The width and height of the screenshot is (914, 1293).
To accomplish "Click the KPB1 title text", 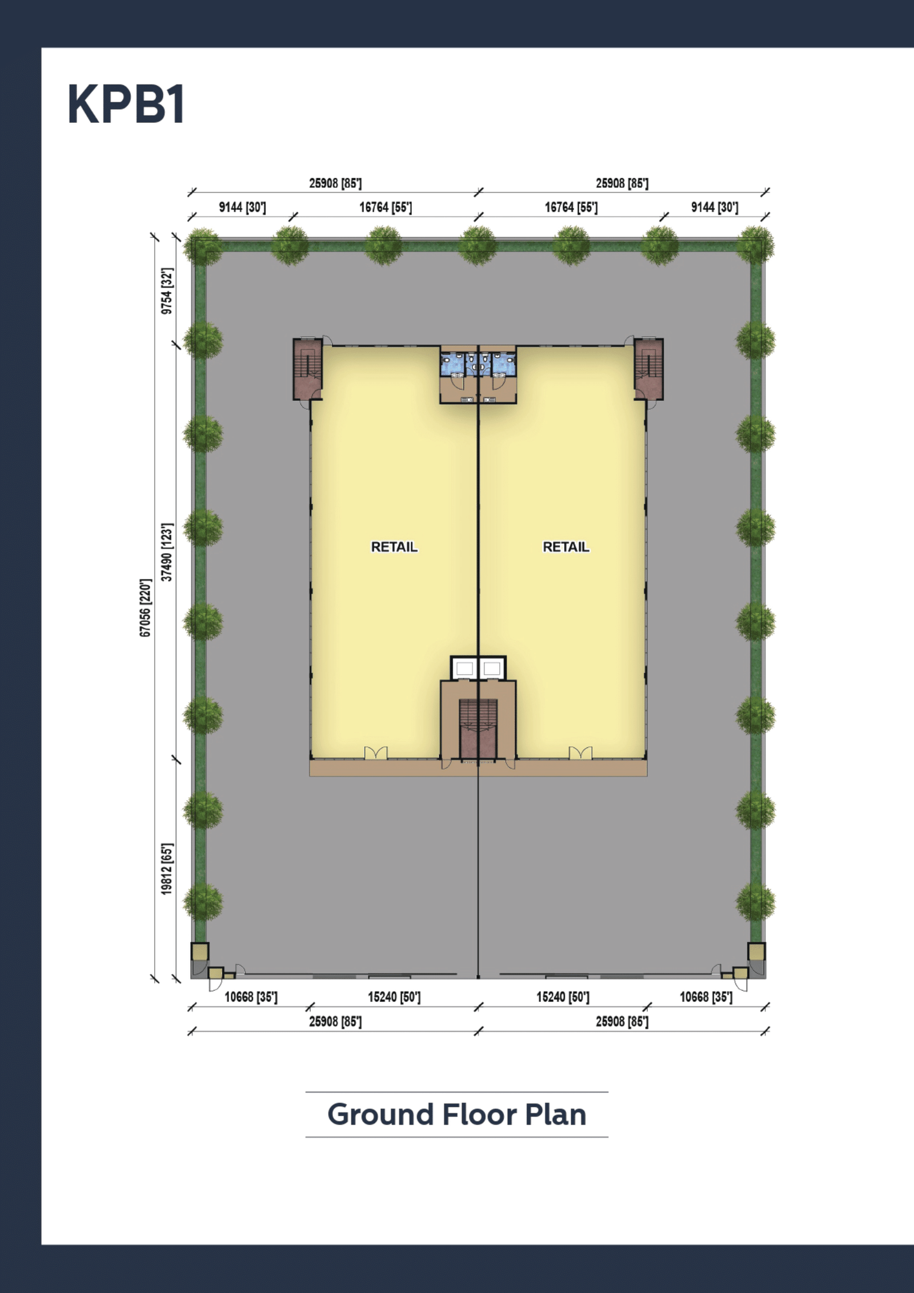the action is coord(126,104).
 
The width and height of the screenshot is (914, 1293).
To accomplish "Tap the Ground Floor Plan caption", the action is coord(456,1115).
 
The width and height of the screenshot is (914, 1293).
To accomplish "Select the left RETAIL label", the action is coord(394,547).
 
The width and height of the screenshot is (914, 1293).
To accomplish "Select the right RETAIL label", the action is coord(566,547).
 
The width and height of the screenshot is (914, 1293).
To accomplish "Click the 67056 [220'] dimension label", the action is coord(146,607).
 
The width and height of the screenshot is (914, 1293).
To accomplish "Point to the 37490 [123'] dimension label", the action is coord(166,552).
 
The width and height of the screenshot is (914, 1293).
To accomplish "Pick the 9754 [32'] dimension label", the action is coord(166,291).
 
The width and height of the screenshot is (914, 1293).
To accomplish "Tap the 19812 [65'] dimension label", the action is coord(166,869).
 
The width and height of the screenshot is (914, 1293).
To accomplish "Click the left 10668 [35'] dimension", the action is coord(251,997).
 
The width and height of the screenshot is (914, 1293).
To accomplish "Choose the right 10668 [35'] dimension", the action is coord(706,997).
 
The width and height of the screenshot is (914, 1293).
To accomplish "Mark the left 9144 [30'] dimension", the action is coord(242,207).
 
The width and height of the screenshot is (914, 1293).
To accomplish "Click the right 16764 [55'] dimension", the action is coord(571,207).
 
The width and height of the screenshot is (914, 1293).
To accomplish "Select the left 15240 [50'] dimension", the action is coord(394,997).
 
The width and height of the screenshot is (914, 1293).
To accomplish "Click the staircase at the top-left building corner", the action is coord(308,369).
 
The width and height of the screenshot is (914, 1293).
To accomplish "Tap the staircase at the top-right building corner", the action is coord(649,369).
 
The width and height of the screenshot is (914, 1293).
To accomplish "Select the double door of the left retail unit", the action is coord(376,754).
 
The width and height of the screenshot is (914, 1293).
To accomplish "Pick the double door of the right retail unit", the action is coord(580,754).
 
